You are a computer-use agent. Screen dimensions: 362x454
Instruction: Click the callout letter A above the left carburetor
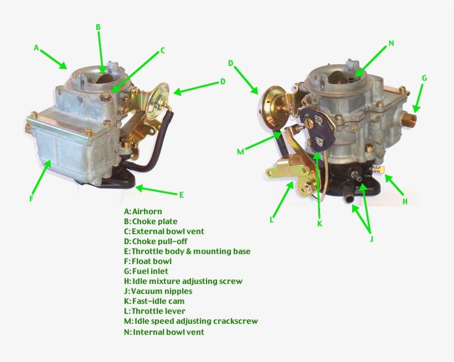tap(36, 48)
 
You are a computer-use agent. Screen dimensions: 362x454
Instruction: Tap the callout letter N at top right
tap(391, 43)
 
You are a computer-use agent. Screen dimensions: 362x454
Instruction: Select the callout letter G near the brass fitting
tap(424, 78)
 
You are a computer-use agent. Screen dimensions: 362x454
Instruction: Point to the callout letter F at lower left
tap(32, 198)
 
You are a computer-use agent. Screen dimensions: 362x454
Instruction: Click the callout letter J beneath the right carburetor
tap(372, 239)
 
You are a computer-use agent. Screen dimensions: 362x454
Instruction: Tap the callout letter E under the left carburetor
tap(181, 194)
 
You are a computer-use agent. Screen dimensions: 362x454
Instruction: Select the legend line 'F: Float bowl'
tap(148, 261)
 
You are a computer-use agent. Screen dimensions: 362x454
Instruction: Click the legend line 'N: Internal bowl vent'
tap(164, 332)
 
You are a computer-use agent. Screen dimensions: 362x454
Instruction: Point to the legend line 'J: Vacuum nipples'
tap(158, 291)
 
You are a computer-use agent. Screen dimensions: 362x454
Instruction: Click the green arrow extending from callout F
tap(40, 177)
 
